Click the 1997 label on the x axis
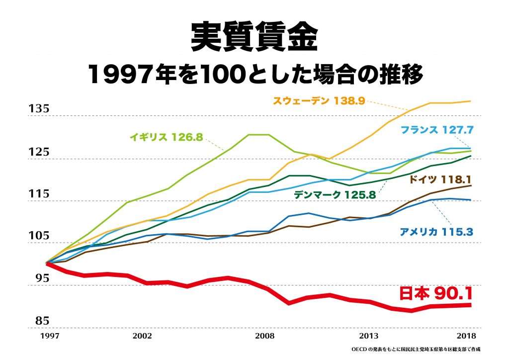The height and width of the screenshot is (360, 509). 48,336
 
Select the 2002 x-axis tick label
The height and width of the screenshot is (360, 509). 142,336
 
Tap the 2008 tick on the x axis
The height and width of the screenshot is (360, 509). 265,336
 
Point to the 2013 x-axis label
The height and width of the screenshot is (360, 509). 368,336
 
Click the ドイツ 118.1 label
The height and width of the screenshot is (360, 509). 439,180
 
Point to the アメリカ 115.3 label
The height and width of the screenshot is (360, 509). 436,231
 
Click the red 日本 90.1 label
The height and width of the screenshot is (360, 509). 435,293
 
